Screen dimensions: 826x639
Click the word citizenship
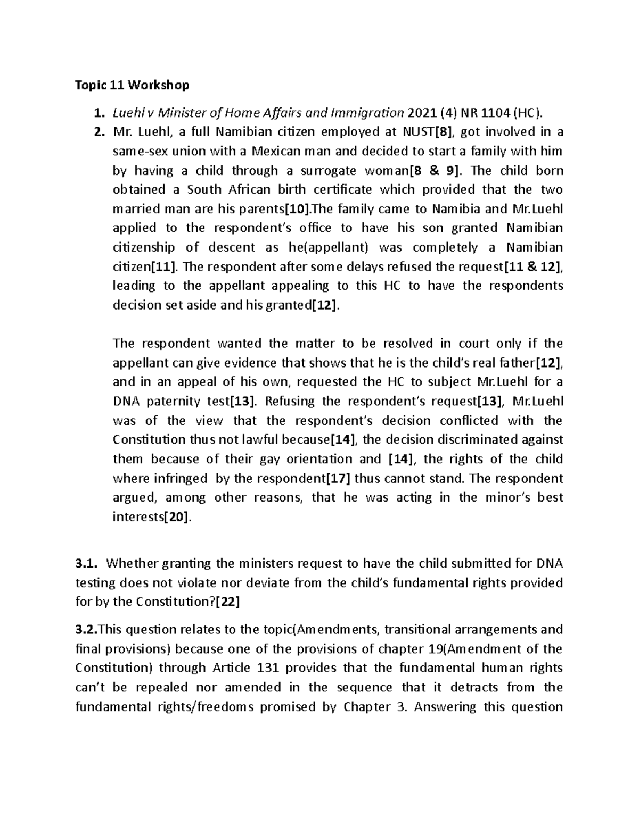point(144,247)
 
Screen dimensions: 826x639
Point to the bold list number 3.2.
point(85,630)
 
